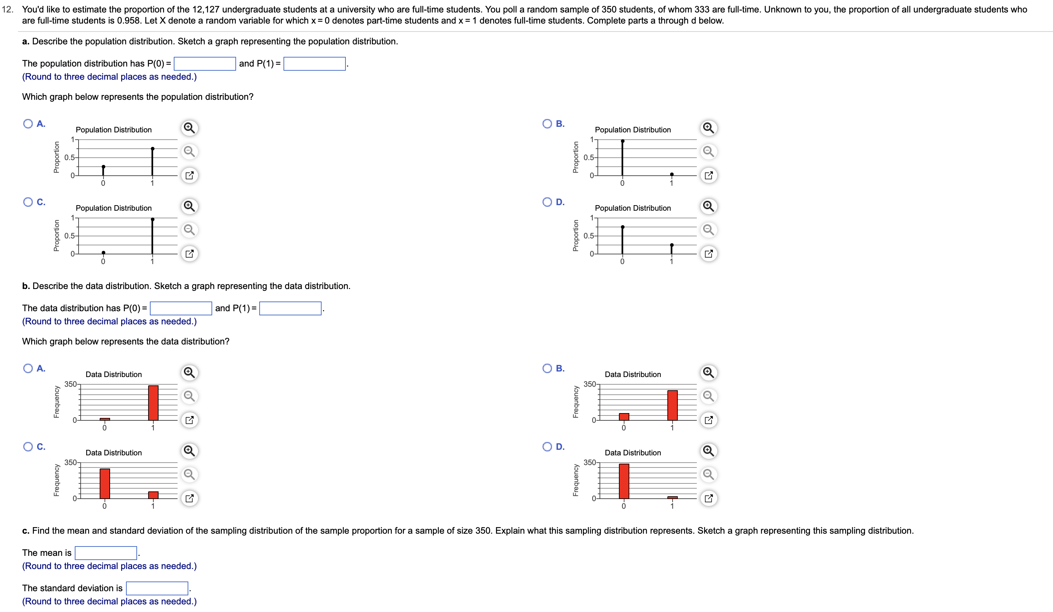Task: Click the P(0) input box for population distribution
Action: point(205,63)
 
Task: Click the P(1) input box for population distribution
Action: point(314,63)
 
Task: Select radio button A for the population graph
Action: point(28,123)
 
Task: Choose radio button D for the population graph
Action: point(547,202)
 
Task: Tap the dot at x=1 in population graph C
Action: point(153,219)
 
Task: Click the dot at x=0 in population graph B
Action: point(623,141)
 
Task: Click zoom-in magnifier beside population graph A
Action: point(189,128)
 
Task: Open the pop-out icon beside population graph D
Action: point(709,254)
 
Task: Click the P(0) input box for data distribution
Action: point(181,308)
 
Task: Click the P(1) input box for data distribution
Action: point(290,308)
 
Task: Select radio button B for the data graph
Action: point(547,368)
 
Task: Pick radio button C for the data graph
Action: point(28,446)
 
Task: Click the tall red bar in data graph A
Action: point(153,402)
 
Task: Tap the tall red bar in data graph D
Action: point(624,481)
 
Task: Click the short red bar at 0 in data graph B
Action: point(624,417)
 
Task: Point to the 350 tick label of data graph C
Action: point(70,462)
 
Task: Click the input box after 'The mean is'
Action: point(106,553)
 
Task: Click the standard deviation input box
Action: point(157,588)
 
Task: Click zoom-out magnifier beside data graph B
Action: point(709,396)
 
